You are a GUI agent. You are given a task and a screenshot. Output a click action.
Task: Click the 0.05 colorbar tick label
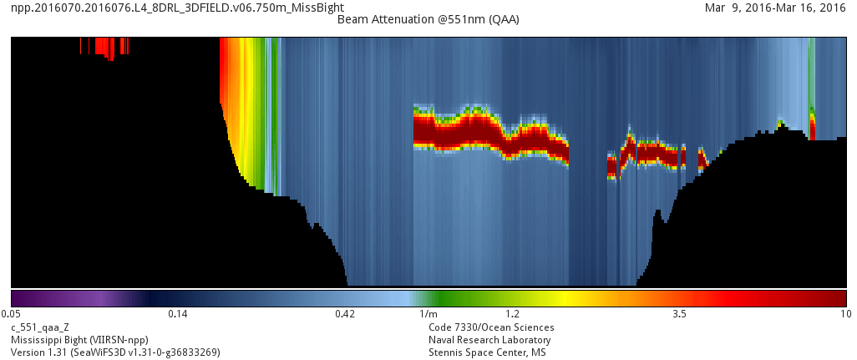pyautogui.click(x=11, y=314)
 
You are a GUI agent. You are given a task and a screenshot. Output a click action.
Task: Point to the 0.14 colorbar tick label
pyautogui.click(x=177, y=314)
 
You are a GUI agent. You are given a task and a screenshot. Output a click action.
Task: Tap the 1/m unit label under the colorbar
pyautogui.click(x=428, y=314)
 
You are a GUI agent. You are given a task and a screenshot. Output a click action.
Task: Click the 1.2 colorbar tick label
pyautogui.click(x=512, y=314)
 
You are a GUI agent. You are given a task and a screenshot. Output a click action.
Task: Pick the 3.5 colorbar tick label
pyautogui.click(x=679, y=314)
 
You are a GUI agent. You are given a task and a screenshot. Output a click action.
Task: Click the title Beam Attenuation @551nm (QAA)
pyautogui.click(x=428, y=19)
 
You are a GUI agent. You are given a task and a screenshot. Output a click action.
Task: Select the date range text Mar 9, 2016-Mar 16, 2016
pyautogui.click(x=776, y=8)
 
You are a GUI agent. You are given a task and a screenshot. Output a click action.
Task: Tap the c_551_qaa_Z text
pyautogui.click(x=40, y=327)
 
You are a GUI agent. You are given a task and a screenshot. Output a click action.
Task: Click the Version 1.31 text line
pyautogui.click(x=115, y=352)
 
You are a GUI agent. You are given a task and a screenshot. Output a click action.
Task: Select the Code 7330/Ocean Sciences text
pyautogui.click(x=491, y=327)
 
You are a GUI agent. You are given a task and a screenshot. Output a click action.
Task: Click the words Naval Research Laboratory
pyautogui.click(x=489, y=340)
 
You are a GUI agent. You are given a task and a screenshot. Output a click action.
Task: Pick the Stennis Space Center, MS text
pyautogui.click(x=488, y=352)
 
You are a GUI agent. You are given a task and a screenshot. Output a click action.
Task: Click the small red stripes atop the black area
pyautogui.click(x=105, y=47)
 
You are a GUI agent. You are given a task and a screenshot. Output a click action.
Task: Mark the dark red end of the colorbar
pyautogui.click(x=835, y=298)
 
